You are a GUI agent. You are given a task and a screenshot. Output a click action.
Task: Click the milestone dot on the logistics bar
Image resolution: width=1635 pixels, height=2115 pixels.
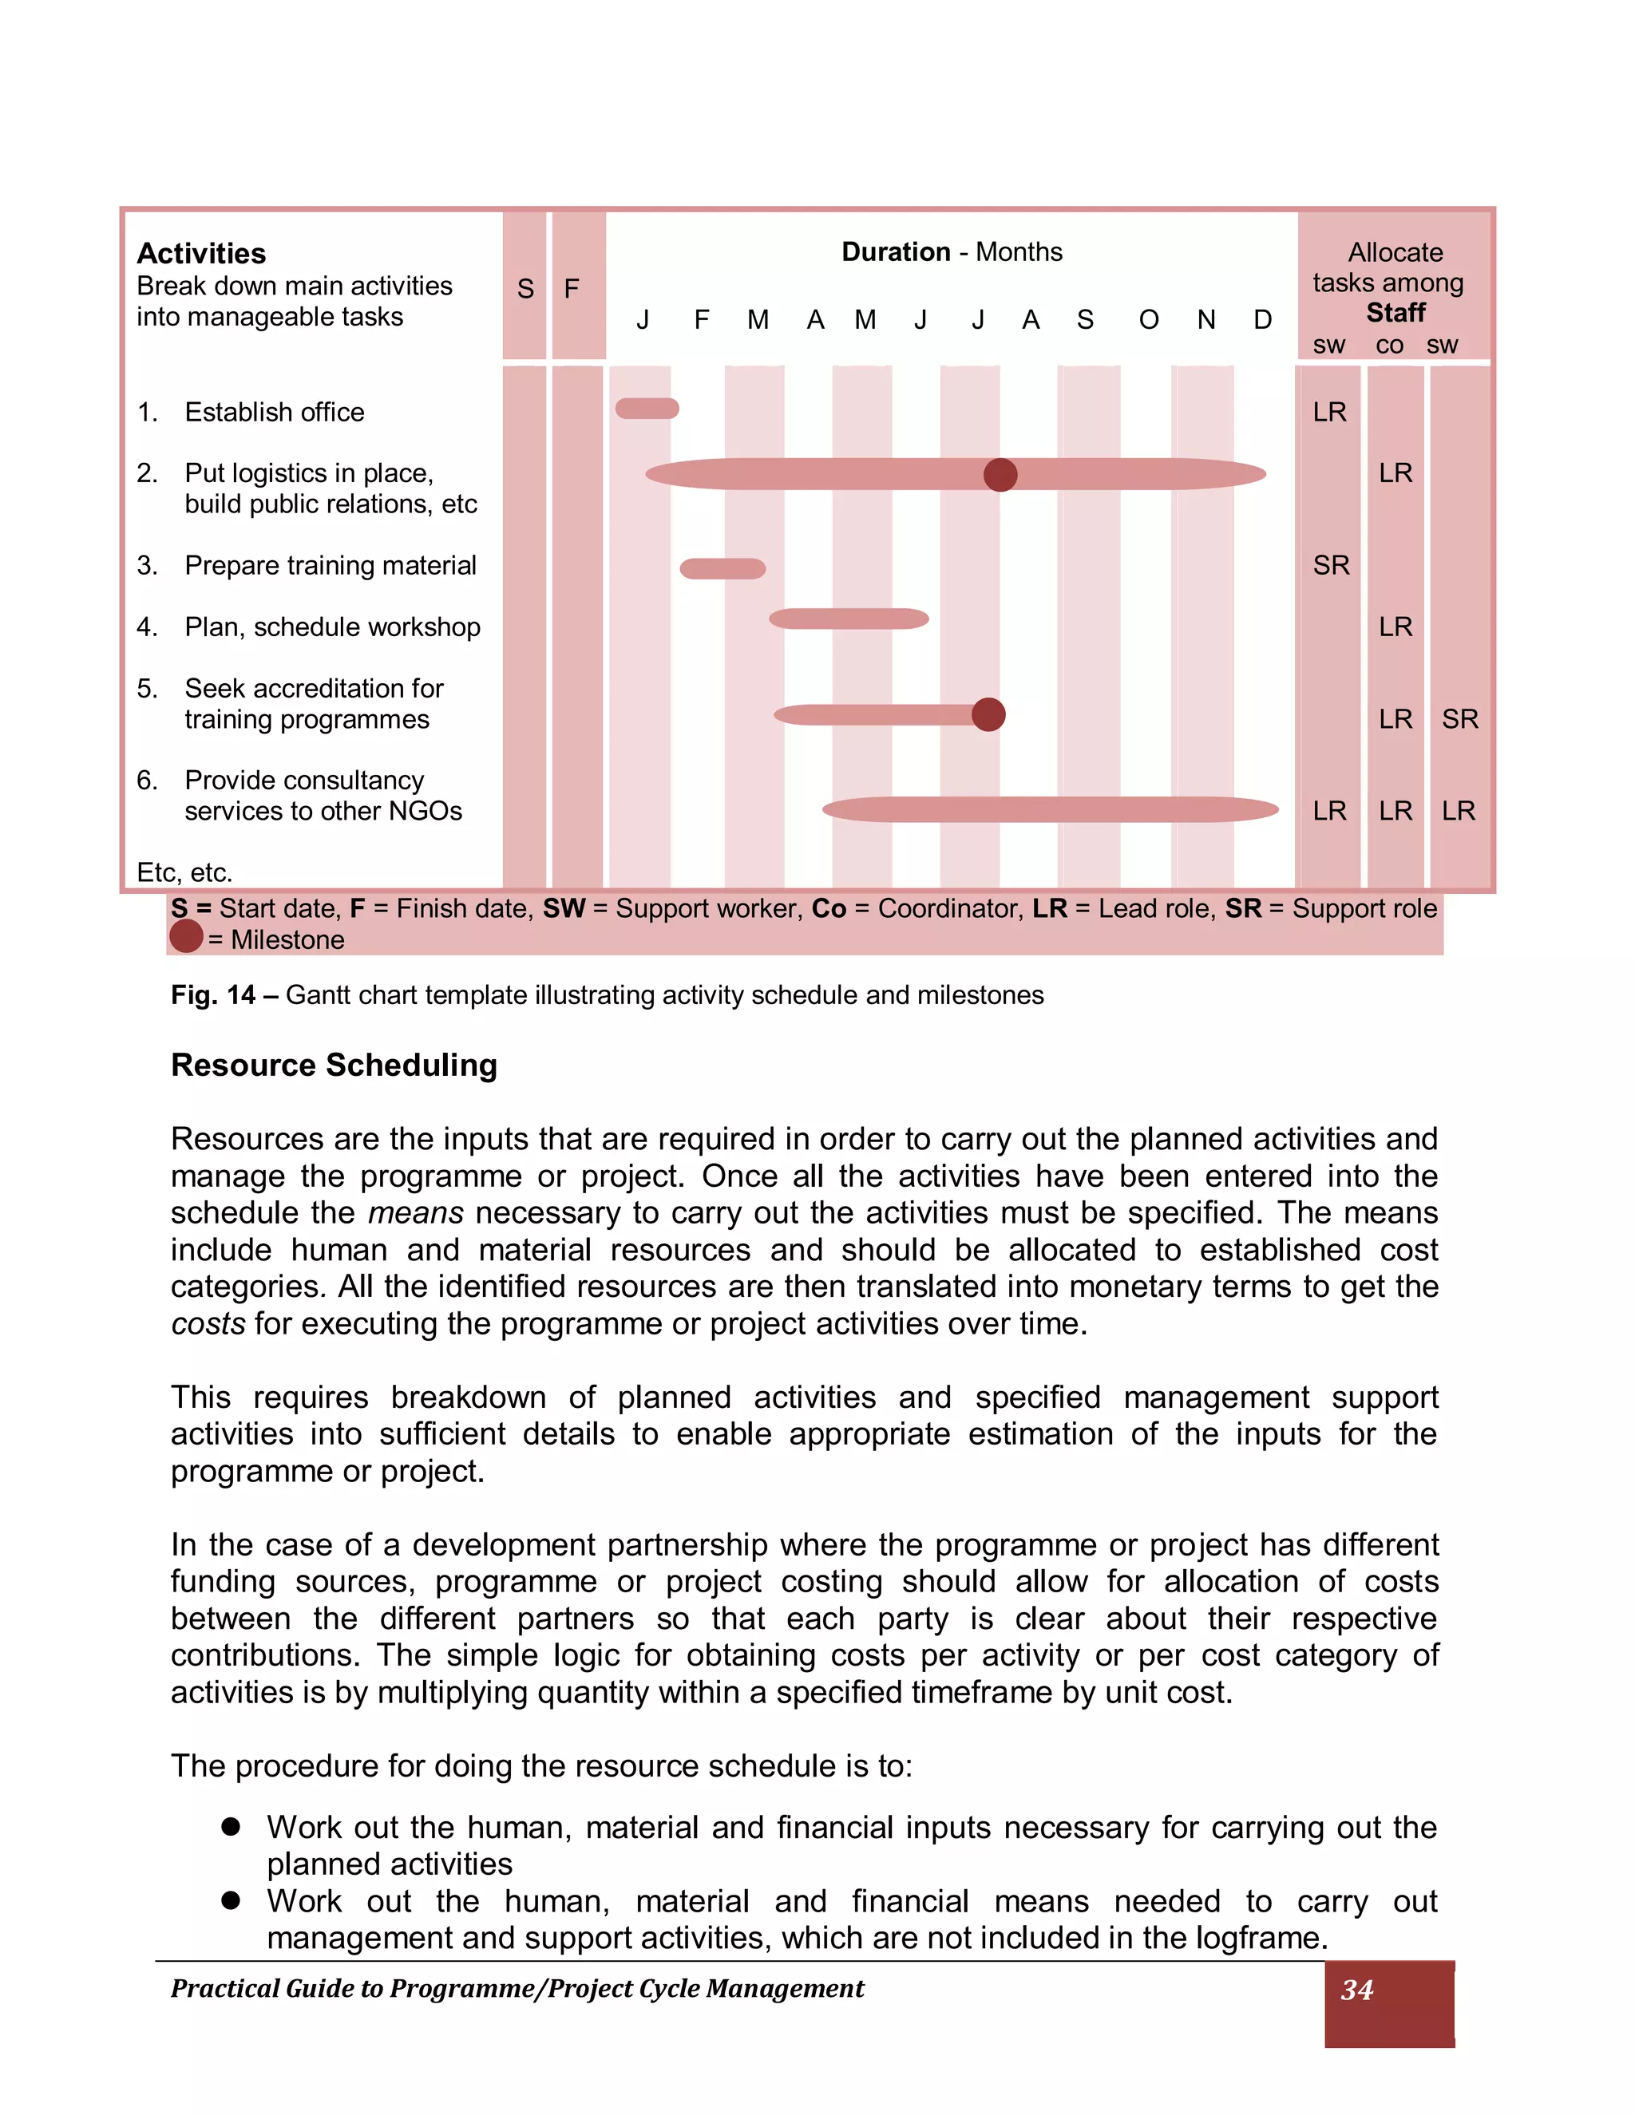(x=1000, y=475)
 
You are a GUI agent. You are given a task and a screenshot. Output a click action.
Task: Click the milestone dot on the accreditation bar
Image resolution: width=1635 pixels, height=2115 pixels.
(x=988, y=714)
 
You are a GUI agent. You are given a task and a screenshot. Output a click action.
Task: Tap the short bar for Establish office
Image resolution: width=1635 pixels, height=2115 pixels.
(x=647, y=409)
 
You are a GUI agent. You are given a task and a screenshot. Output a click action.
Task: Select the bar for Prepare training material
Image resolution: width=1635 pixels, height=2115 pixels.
(x=722, y=568)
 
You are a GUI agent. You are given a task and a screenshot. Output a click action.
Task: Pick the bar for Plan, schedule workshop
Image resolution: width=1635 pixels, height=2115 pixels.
(x=849, y=619)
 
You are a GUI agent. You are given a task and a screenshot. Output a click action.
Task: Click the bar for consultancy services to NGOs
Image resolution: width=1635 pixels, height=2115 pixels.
(x=1050, y=809)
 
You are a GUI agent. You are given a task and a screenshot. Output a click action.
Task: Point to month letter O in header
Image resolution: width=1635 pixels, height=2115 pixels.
(x=1149, y=319)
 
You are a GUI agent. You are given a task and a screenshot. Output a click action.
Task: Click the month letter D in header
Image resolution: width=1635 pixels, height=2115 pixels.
(x=1262, y=319)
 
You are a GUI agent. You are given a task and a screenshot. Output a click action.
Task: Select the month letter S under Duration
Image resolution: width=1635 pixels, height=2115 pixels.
(x=1085, y=319)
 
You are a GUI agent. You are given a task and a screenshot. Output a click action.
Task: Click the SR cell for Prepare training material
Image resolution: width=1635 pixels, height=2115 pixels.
(x=1331, y=566)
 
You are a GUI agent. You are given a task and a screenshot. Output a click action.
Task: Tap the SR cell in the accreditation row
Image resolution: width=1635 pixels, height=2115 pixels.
(x=1459, y=718)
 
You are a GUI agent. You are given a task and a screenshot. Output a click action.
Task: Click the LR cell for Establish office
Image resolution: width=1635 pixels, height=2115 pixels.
(x=1330, y=413)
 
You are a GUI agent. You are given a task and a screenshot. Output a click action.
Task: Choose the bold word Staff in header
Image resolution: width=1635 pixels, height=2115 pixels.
(x=1395, y=313)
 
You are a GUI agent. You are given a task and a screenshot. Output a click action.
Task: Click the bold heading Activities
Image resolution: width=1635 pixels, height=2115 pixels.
(x=201, y=254)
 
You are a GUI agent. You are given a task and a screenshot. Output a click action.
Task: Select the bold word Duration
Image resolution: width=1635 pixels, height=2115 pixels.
(x=896, y=251)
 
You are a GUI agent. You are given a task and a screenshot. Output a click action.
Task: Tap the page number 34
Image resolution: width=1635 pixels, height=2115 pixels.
(x=1357, y=1990)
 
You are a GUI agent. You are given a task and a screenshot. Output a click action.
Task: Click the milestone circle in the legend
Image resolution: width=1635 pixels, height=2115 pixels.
(x=186, y=936)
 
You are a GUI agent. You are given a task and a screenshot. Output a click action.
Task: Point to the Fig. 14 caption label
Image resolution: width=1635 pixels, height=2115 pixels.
(x=213, y=994)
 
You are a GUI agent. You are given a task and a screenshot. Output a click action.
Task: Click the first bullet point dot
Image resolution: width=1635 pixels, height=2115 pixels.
(x=231, y=1826)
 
